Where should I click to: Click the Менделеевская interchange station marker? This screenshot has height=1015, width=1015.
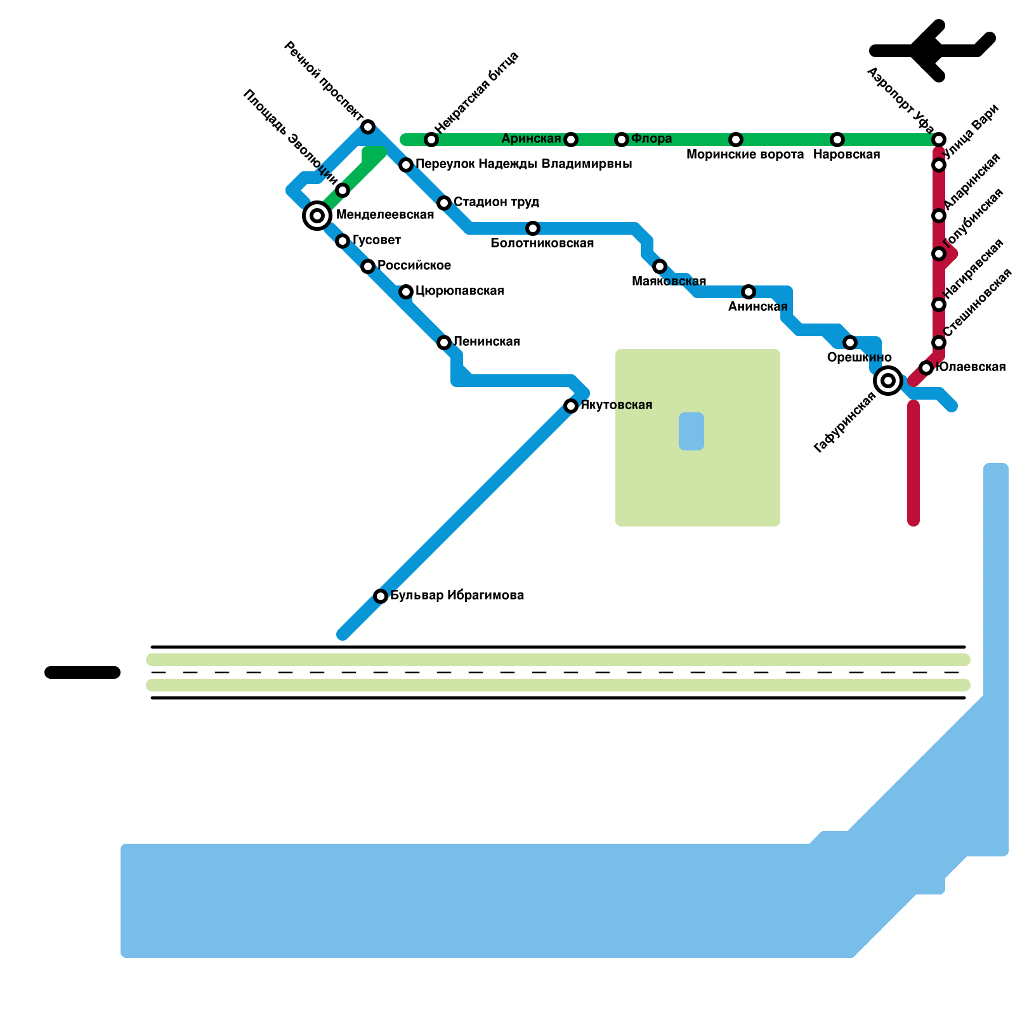317,216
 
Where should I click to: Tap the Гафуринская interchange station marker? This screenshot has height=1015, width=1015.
888,381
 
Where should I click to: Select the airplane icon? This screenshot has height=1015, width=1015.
933,51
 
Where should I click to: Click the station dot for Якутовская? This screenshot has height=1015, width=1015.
571,406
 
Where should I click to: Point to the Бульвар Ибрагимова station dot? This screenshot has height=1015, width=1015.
381,596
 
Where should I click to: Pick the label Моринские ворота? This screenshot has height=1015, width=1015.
745,155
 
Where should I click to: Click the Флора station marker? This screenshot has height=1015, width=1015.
622,140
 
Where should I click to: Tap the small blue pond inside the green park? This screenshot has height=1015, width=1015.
691,431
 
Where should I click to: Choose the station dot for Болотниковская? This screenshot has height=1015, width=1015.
533,228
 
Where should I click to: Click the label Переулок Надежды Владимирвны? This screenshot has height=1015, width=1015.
523,164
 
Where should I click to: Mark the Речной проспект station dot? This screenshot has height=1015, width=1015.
368,127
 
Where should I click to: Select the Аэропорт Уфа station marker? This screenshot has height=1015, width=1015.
939,140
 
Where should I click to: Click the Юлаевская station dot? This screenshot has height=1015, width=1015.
926,368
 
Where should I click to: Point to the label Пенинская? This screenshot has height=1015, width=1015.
487,342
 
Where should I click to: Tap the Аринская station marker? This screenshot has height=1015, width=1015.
571,140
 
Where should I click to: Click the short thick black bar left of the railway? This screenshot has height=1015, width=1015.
82,672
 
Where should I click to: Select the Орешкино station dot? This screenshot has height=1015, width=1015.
850,343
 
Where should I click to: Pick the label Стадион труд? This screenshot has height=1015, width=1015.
496,202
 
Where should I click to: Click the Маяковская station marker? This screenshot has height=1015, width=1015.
660,266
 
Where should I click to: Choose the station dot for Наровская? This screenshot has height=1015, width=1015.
837,140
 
